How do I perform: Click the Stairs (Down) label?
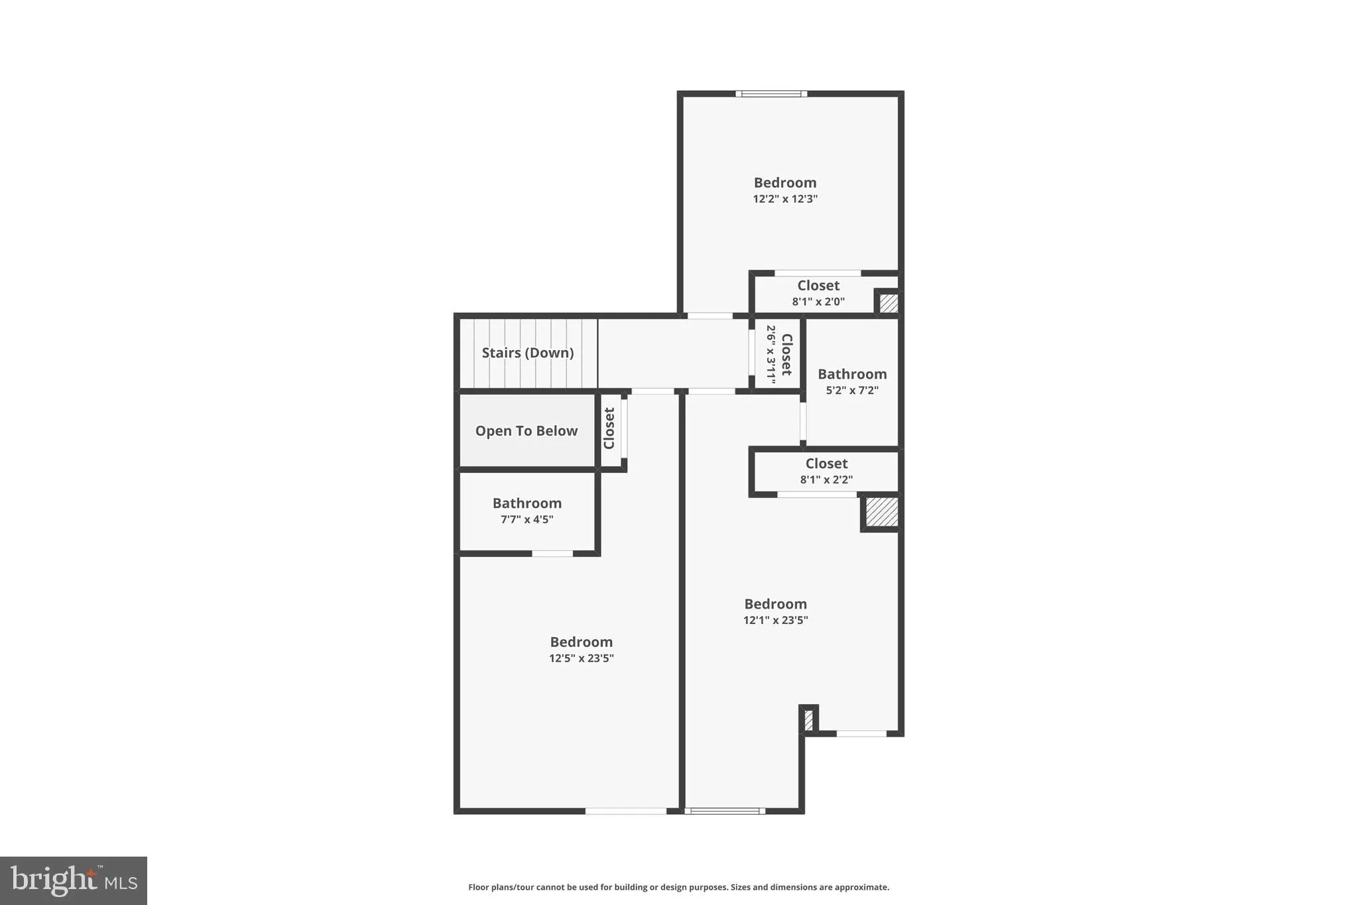point(527,353)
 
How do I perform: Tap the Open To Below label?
point(526,431)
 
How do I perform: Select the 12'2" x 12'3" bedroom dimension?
point(784,199)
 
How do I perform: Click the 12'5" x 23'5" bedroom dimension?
point(581,658)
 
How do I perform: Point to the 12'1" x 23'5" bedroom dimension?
point(775,621)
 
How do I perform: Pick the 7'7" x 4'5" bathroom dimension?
point(526,519)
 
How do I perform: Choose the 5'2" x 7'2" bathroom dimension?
point(851,391)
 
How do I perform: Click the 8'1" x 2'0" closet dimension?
point(818,302)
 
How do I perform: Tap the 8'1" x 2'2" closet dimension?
point(826,480)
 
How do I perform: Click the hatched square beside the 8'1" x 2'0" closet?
point(889,303)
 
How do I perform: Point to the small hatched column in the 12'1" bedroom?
point(808,720)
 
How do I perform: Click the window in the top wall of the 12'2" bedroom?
point(771,94)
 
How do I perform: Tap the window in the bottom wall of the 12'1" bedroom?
point(725,811)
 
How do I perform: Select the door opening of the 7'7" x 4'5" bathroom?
point(552,554)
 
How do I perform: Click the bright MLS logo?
point(74,880)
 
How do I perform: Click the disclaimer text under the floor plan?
point(678,887)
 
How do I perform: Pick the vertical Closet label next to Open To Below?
point(609,428)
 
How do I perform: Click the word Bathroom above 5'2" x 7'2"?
point(851,374)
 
